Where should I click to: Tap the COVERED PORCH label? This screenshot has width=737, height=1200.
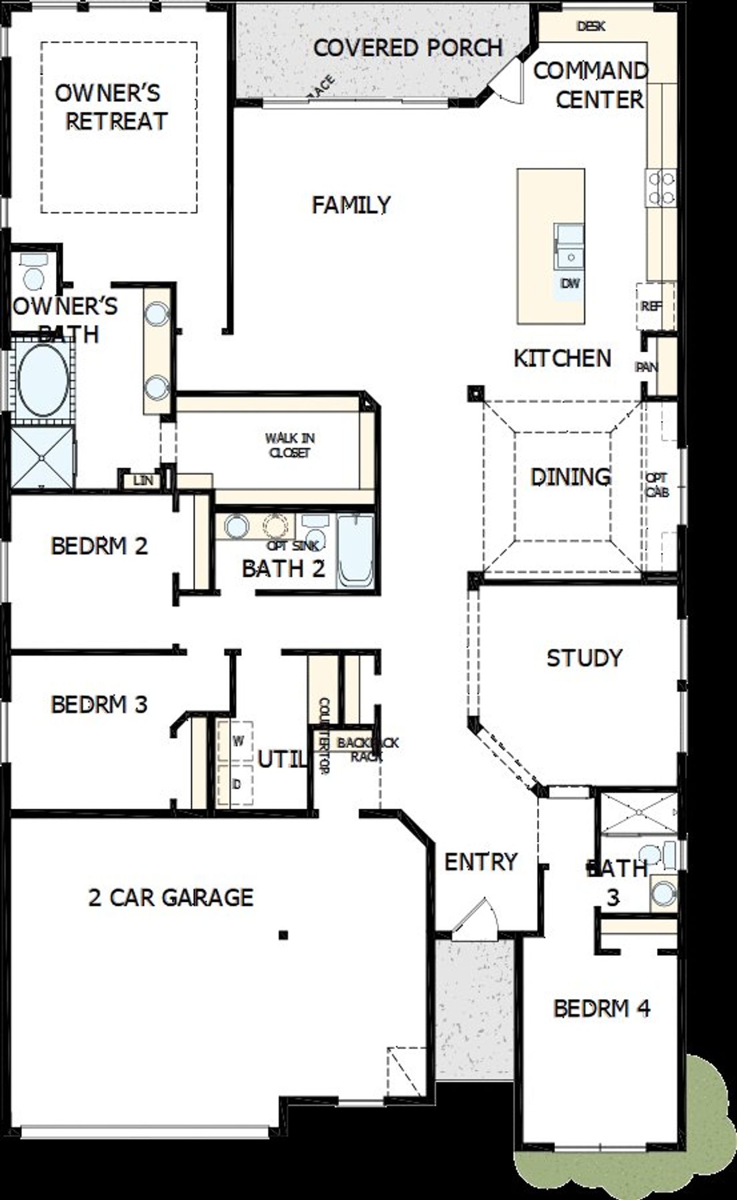pos(408,48)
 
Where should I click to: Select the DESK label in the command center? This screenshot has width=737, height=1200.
pos(591,26)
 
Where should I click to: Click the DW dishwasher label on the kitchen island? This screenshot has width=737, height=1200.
pos(570,283)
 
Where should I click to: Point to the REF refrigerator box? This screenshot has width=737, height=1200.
pos(653,306)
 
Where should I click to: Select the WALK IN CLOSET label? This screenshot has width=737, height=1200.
pos(290,445)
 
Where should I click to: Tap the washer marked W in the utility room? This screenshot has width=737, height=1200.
pos(236,741)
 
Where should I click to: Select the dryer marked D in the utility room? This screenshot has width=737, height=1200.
pos(236,784)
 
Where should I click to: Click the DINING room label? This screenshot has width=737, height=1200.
pos(570,477)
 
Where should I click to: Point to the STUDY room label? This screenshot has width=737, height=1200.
pos(584,658)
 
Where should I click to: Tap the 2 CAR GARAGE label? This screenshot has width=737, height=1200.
pos(170,897)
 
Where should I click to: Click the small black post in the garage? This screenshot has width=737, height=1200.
pos(283,935)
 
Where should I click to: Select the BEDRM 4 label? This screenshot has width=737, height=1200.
pos(602,1008)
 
